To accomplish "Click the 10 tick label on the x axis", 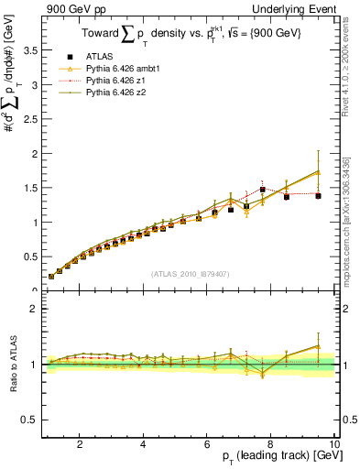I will [x=334, y=443].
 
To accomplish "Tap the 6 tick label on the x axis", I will [x=207, y=443].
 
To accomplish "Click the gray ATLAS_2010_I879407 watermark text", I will [x=191, y=273].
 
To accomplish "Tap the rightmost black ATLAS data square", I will [x=318, y=195].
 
